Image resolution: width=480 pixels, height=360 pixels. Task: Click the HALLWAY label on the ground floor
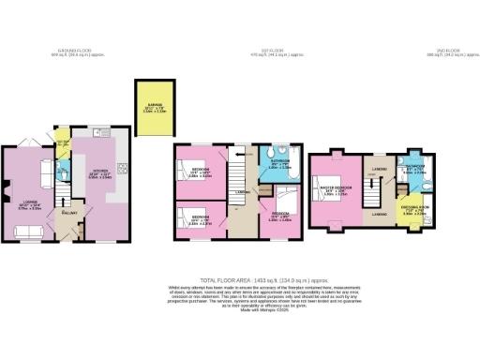[68, 213]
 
